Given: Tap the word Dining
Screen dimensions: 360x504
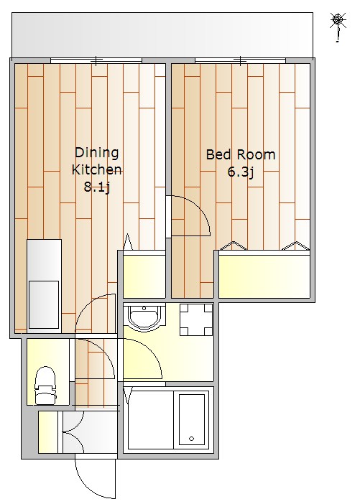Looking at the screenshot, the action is (96, 153).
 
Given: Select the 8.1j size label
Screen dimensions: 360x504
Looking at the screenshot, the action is (97, 187).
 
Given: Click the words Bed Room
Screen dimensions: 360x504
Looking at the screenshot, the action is (241, 154).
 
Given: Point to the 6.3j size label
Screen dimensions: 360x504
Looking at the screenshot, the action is (241, 172).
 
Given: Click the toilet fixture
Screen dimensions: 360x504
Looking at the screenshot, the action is (45, 386).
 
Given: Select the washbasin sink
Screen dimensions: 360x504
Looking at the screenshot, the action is (144, 317).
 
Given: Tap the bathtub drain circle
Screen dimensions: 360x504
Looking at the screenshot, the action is (192, 439).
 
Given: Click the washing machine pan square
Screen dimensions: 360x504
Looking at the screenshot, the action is (196, 319).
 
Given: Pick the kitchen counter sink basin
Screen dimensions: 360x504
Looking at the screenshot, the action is (44, 304).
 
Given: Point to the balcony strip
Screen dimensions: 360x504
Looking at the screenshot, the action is (162, 35).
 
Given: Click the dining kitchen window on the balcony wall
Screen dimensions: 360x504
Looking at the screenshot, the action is (96, 60).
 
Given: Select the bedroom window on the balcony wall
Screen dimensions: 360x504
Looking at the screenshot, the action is (240, 60).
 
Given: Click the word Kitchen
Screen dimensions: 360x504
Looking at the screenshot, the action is (96, 169).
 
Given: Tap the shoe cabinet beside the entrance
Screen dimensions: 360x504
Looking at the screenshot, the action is (48, 431).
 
